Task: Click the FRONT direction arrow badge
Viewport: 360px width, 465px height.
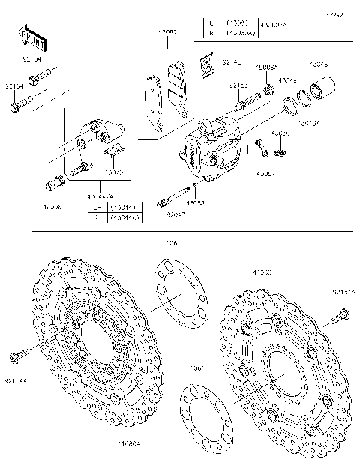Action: click(31, 38)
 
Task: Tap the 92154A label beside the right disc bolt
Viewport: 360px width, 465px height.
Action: click(343, 290)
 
